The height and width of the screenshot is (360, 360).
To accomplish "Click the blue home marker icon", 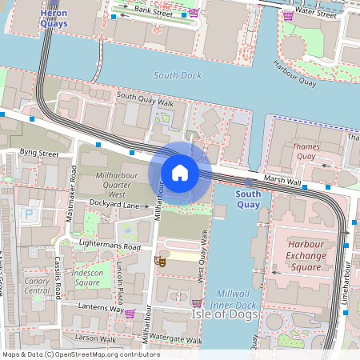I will [x=180, y=173].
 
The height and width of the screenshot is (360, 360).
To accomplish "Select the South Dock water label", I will [x=178, y=75].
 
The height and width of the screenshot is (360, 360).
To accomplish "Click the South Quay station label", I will [x=249, y=199].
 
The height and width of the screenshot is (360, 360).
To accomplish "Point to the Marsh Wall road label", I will [x=282, y=182].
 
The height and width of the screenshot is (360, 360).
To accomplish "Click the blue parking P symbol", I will [x=30, y=214].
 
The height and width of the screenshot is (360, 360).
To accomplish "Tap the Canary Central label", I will [x=36, y=285].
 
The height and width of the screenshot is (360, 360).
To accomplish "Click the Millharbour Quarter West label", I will [x=111, y=184].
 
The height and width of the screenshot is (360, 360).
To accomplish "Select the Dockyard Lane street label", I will [x=120, y=205].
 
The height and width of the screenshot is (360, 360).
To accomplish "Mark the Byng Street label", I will [x=39, y=152].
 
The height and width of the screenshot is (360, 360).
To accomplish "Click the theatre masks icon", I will [x=162, y=262].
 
